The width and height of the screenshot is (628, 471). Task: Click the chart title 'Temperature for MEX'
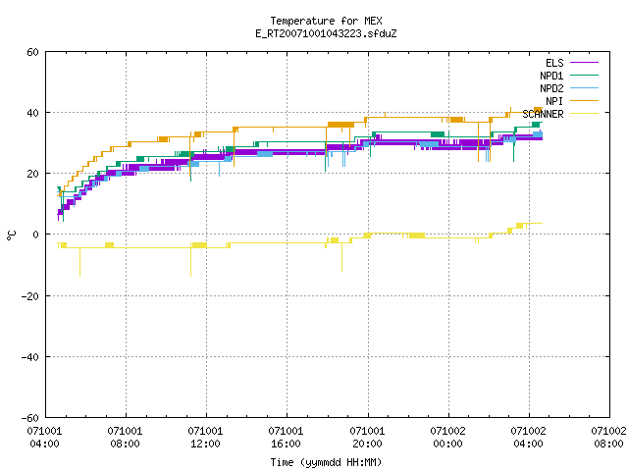click(326, 21)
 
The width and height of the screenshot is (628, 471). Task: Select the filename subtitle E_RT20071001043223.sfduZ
click(326, 33)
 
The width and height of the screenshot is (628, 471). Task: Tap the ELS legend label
click(554, 63)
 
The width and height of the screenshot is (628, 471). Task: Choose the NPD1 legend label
click(551, 76)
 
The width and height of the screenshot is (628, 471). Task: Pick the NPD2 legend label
click(551, 88)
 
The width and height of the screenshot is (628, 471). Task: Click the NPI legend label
click(554, 101)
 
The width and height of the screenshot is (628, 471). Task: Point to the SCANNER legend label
click(543, 114)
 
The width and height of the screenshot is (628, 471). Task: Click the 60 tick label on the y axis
click(32, 52)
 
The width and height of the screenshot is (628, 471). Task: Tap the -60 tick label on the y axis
click(30, 418)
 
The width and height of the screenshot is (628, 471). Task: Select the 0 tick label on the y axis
click(36, 235)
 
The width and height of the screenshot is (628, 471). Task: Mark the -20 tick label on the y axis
click(30, 296)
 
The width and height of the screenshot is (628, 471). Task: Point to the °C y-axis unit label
click(11, 235)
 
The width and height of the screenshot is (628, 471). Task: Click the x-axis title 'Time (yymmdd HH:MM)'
click(326, 462)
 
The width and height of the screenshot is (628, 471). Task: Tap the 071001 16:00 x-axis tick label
click(286, 438)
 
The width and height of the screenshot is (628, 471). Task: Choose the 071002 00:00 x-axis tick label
click(447, 438)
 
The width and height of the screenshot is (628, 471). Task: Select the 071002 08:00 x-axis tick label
click(608, 438)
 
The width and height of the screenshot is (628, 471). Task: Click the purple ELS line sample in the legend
click(585, 63)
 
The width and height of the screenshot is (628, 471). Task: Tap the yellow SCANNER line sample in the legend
click(585, 114)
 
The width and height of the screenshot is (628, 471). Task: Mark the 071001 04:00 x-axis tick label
click(44, 438)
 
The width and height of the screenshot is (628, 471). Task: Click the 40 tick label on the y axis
click(32, 113)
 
